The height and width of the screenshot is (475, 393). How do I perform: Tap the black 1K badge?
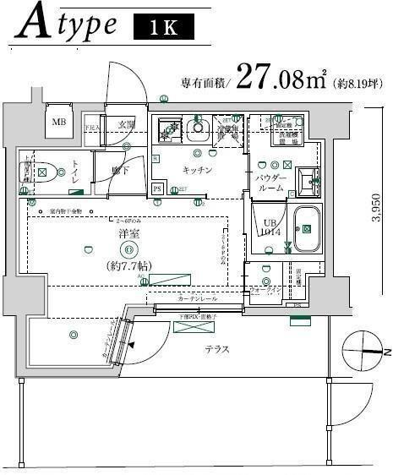(x=163, y=27)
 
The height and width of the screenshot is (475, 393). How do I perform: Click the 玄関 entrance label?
(x=127, y=124)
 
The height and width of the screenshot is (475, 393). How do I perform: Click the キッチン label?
(x=196, y=170)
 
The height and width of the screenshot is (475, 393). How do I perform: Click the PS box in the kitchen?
(x=157, y=189)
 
